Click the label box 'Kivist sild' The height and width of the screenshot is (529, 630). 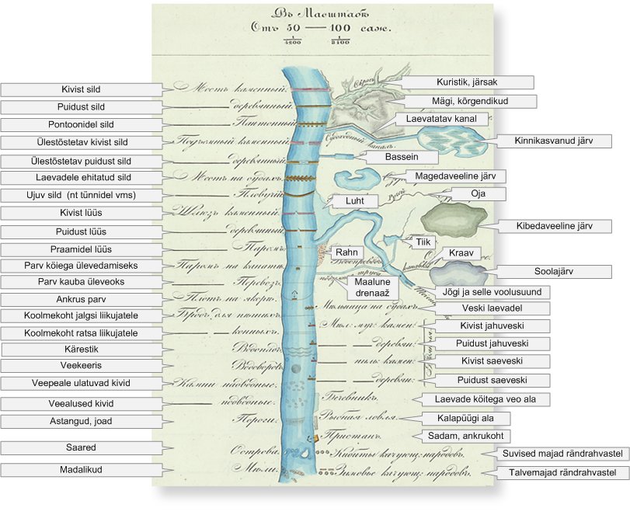coord(82,89)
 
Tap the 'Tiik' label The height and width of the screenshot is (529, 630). coord(423,242)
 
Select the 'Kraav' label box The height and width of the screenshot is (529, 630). coord(460,253)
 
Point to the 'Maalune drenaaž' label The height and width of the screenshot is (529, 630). coord(376,287)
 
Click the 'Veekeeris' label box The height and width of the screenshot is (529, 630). coord(82,366)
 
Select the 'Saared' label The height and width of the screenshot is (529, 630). coord(82,447)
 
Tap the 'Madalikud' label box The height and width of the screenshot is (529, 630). coord(82,470)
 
